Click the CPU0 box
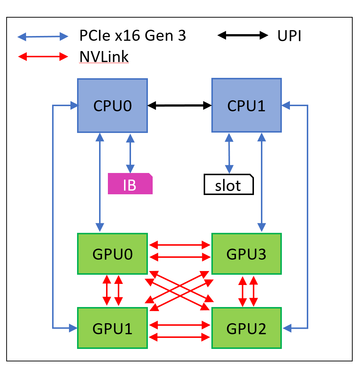click(x=112, y=105)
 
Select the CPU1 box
click(x=247, y=105)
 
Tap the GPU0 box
click(x=112, y=254)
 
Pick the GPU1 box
click(x=112, y=328)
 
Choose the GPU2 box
click(x=247, y=328)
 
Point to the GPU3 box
click(x=247, y=254)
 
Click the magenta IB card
click(x=130, y=184)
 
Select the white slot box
click(x=229, y=185)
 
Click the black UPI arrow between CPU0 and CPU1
click(x=179, y=106)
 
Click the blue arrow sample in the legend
click(x=43, y=36)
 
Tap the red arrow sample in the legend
click(x=43, y=57)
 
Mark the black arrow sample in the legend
click(x=243, y=36)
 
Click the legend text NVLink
click(x=104, y=57)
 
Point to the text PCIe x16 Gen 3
click(x=132, y=36)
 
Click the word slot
click(x=228, y=185)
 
